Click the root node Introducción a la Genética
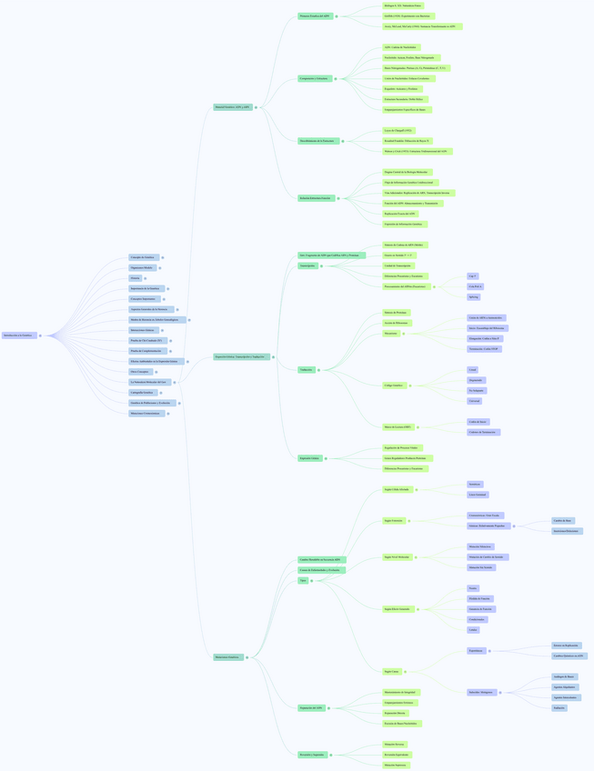pos(19,335)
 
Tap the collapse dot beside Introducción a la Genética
pos(40,335)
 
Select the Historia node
pos(136,278)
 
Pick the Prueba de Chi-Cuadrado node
pos(146,340)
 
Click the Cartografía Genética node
pos(143,392)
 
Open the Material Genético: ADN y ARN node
pos(233,107)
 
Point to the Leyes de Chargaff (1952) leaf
pos(398,131)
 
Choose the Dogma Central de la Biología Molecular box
pos(407,172)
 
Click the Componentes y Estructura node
pos(314,79)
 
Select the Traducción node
pos(307,370)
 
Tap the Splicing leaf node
pos(474,296)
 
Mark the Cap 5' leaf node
pos(473,275)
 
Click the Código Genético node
pos(395,385)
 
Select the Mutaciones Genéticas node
pos(228,656)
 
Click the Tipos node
pos(303,580)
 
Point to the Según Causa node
pos(391,671)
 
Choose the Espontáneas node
pos(477,651)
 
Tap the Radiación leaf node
pos(559,707)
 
